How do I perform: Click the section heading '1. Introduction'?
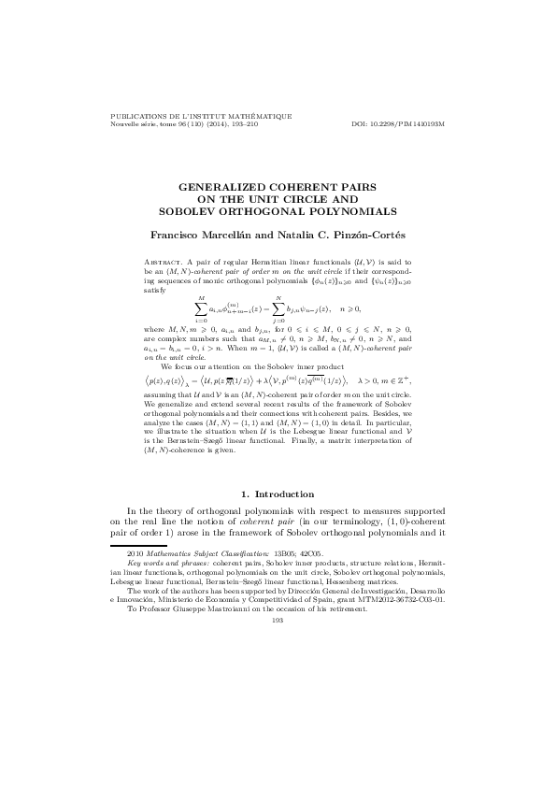[278, 492]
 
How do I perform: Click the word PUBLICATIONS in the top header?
[137, 117]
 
